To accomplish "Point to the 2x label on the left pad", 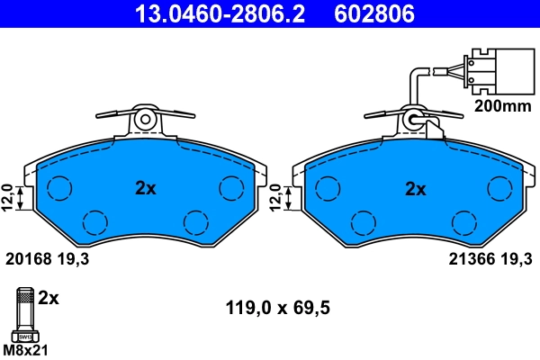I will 146,189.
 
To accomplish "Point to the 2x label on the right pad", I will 415,189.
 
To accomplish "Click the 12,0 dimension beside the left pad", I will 8,196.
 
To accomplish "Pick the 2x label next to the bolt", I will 50,297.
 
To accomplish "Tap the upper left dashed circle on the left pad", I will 59,187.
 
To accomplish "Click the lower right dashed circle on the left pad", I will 195,222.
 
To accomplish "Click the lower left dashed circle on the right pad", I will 363,222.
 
